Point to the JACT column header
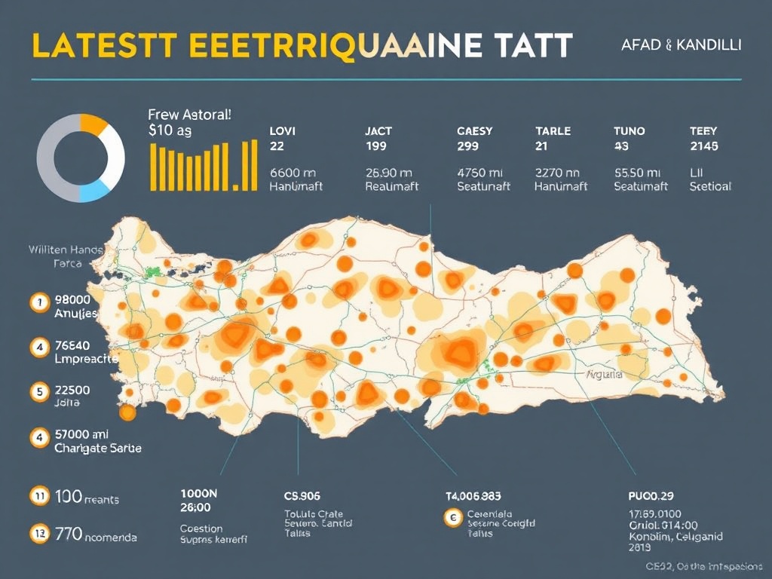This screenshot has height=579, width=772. [x=378, y=130]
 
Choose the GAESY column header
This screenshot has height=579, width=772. [x=475, y=130]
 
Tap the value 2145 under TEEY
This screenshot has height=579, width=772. [x=703, y=146]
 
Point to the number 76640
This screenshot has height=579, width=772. [x=73, y=346]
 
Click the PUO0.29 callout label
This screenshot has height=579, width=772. [x=650, y=496]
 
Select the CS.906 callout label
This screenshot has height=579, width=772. [x=302, y=497]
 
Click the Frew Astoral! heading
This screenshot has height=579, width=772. [x=189, y=115]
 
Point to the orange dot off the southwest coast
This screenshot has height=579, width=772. [x=127, y=412]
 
